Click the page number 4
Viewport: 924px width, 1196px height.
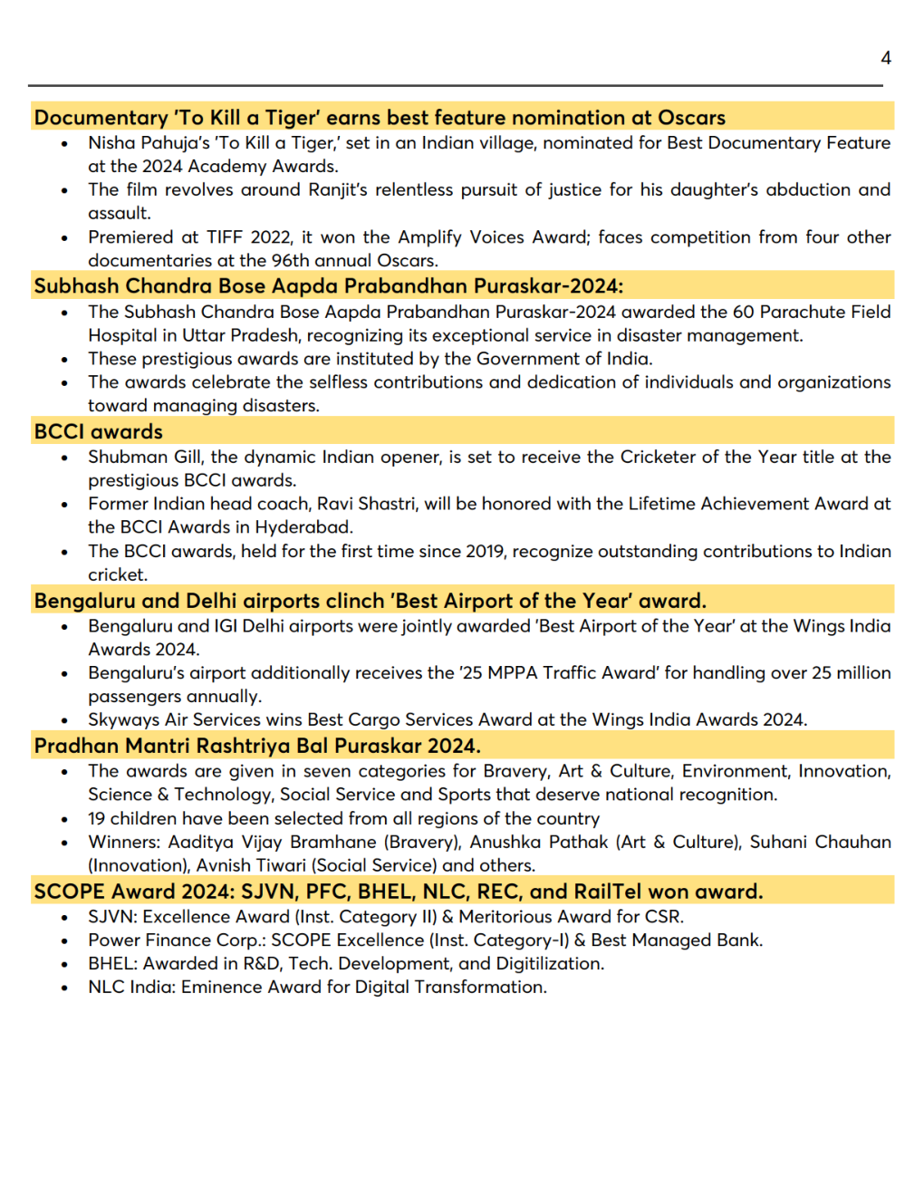(886, 58)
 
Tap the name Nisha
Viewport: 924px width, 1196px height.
(111, 143)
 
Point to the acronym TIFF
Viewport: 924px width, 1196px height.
(225, 237)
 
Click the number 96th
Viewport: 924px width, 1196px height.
(291, 261)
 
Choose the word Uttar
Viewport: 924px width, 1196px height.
(206, 335)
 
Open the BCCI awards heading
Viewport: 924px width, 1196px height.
(99, 432)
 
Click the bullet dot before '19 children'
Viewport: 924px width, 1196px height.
(64, 819)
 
